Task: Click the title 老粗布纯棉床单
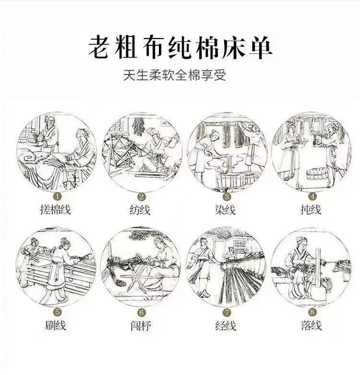click(180, 48)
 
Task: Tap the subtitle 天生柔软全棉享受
click(175, 75)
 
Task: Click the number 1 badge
click(58, 197)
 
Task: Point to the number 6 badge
click(142, 313)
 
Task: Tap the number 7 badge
click(227, 313)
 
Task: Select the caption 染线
click(225, 210)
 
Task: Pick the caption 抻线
click(311, 210)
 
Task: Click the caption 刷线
click(56, 326)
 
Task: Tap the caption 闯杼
click(141, 326)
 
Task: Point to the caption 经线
click(226, 326)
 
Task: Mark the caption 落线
click(311, 325)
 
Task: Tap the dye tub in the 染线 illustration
click(231, 181)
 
